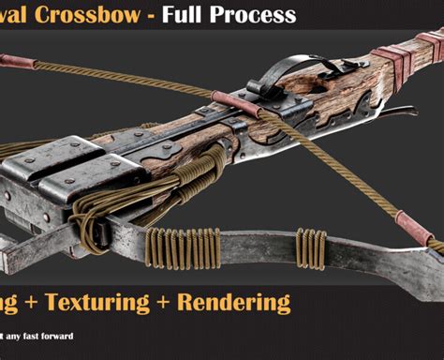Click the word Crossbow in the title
point(88,15)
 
